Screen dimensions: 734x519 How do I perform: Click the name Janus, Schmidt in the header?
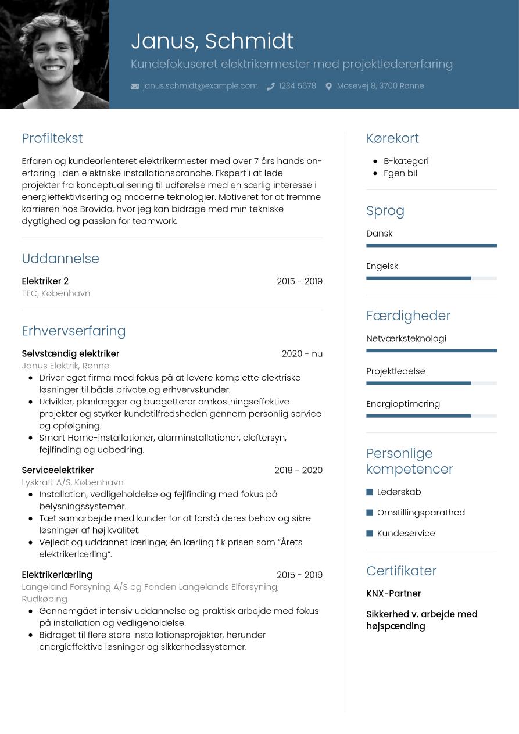212,41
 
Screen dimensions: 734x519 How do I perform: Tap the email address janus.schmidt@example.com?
200,86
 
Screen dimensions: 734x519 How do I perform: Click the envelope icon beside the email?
135,87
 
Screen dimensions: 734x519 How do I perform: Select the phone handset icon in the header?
270,87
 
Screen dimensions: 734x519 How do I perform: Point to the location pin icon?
328,87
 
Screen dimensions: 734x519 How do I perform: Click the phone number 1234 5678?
297,86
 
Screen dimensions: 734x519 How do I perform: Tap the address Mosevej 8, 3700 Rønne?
380,86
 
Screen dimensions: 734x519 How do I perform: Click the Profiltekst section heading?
52,138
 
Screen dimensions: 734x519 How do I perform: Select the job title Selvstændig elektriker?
70,353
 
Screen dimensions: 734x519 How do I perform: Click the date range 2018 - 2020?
298,470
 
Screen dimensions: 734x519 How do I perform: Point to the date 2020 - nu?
302,353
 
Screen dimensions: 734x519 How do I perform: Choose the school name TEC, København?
56,293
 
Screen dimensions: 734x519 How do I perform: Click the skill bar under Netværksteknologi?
431,350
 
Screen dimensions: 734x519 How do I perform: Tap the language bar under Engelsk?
431,278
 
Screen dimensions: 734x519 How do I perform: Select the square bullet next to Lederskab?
370,492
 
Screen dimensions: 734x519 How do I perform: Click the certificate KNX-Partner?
393,593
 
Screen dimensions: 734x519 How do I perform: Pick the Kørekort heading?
392,138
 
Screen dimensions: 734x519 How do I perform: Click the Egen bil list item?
400,173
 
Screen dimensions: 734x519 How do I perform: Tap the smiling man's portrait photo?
54,54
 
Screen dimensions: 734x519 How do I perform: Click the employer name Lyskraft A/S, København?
73,482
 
